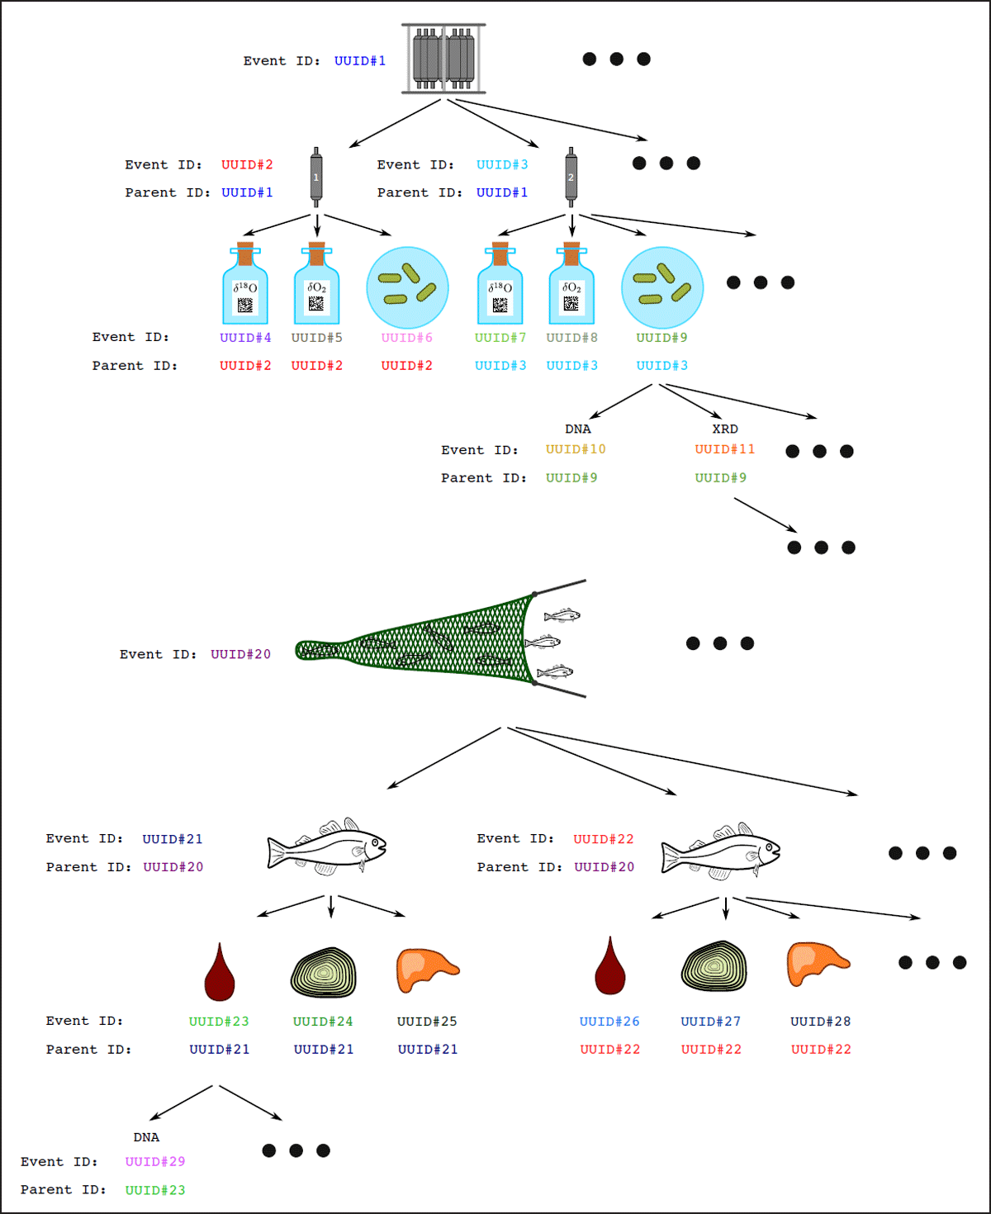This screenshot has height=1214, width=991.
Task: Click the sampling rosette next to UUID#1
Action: pyautogui.click(x=443, y=59)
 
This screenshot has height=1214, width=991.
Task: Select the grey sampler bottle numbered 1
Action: pyautogui.click(x=316, y=177)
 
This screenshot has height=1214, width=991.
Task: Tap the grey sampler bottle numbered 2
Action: pyautogui.click(x=571, y=177)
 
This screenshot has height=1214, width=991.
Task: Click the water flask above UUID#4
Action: pyautogui.click(x=245, y=285)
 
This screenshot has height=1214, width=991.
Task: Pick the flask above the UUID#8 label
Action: pyautogui.click(x=571, y=285)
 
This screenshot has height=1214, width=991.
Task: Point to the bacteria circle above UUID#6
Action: pyautogui.click(x=407, y=287)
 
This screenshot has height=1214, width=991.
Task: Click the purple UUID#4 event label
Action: pyautogui.click(x=245, y=338)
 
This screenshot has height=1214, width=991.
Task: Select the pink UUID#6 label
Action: pyautogui.click(x=407, y=338)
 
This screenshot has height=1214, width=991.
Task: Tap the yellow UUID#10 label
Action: pyautogui.click(x=576, y=449)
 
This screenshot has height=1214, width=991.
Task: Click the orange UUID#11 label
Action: pyautogui.click(x=725, y=449)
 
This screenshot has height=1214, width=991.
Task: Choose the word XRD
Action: pyautogui.click(x=725, y=429)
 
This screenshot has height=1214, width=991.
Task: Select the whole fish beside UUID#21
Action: pyautogui.click(x=327, y=847)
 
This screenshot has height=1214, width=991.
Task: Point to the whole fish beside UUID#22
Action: pyautogui.click(x=721, y=851)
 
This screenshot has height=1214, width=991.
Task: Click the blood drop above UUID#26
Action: pyautogui.click(x=610, y=968)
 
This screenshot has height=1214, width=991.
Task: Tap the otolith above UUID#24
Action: pyautogui.click(x=324, y=972)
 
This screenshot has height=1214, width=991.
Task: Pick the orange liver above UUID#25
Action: pyautogui.click(x=426, y=969)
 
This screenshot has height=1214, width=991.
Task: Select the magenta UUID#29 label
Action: pyautogui.click(x=155, y=1162)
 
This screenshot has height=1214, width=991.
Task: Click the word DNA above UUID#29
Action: pyautogui.click(x=147, y=1138)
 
